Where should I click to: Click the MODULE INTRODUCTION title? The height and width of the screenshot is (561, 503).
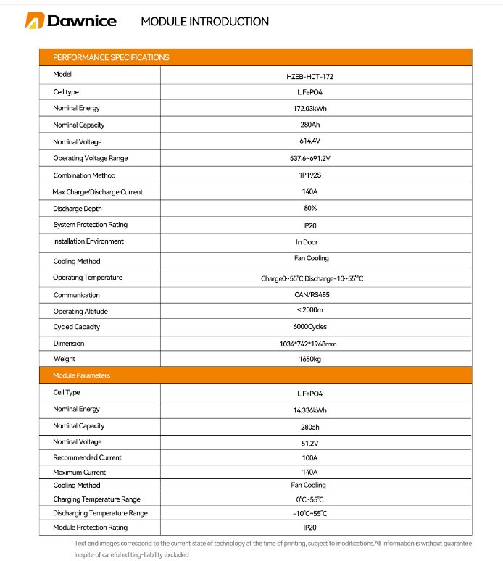pos(204,22)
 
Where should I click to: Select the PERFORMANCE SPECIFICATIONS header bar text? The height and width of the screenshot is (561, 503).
pos(111,57)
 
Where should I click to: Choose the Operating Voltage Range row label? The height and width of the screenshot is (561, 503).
pos(90,158)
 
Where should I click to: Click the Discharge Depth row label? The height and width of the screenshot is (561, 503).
pos(78,209)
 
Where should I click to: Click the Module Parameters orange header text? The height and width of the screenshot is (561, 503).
pos(81,375)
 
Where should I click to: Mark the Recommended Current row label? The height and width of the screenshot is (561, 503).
pos(87,457)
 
